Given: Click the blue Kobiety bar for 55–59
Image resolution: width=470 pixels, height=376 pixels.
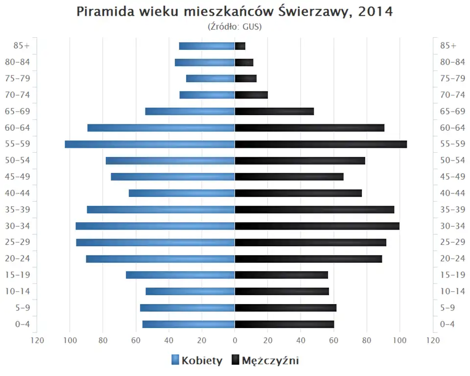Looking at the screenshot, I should (150, 144).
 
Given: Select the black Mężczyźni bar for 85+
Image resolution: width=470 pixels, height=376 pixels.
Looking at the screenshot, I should (240, 46).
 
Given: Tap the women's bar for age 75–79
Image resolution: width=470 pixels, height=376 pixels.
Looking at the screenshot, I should (211, 78).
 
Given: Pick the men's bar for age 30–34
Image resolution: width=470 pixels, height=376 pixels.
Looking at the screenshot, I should (317, 226).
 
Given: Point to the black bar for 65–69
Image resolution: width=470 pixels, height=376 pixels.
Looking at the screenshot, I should (274, 111).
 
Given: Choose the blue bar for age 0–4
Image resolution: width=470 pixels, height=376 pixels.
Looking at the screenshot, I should (188, 324).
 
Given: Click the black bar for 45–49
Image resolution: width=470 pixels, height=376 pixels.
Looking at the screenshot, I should (289, 177).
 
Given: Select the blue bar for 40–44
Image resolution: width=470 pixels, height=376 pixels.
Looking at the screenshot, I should (182, 193).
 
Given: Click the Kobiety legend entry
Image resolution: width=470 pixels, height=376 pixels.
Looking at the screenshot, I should (197, 361).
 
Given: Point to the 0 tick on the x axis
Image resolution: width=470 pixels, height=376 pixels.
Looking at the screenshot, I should (235, 341).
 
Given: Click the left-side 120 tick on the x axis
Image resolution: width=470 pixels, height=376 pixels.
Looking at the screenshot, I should (37, 341).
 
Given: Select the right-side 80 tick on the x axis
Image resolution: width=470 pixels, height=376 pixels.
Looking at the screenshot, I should (367, 341).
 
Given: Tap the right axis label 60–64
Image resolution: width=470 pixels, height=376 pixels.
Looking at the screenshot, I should (452, 128).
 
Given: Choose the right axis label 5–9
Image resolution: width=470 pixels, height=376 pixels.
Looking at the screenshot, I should (448, 307).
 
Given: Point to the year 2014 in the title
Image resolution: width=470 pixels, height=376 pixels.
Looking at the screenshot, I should (376, 12).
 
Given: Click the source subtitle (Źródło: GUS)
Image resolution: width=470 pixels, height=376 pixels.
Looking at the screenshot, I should (235, 26).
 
